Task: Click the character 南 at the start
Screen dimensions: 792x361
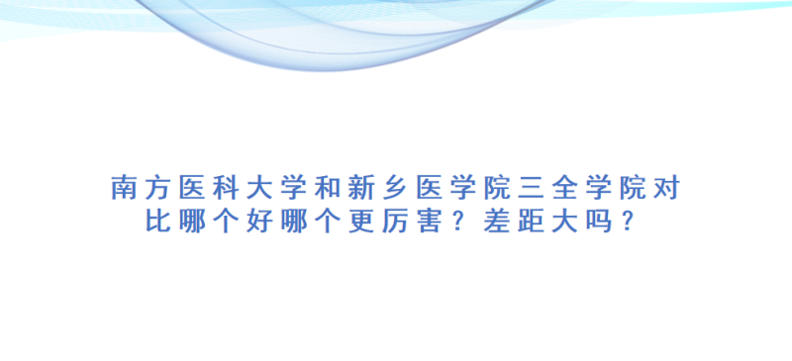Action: [x=124, y=188]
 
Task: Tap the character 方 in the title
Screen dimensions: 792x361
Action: [x=157, y=188]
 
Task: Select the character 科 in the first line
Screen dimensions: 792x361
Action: [x=226, y=188]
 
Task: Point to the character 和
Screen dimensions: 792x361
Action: [x=328, y=188]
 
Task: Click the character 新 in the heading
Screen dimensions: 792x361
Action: [x=360, y=188]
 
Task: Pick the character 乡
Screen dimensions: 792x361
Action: [x=395, y=188]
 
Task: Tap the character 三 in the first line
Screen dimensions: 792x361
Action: [x=531, y=188]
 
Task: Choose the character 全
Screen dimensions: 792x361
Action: [x=564, y=188]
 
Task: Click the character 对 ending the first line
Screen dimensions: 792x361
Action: [x=666, y=188]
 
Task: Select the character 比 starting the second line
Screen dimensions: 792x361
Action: [x=158, y=222]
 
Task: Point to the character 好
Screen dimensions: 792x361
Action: [x=259, y=222]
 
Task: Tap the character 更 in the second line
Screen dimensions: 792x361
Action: [x=361, y=222]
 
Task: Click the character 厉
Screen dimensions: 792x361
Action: [x=395, y=222]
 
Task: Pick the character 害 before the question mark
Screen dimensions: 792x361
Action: [x=429, y=222]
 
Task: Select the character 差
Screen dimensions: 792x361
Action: [x=497, y=222]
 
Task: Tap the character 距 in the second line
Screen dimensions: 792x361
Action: [x=531, y=222]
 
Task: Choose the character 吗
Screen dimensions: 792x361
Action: [x=599, y=222]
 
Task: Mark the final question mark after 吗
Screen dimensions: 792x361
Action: [x=627, y=222]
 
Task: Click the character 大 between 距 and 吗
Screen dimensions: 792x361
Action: [x=564, y=222]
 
